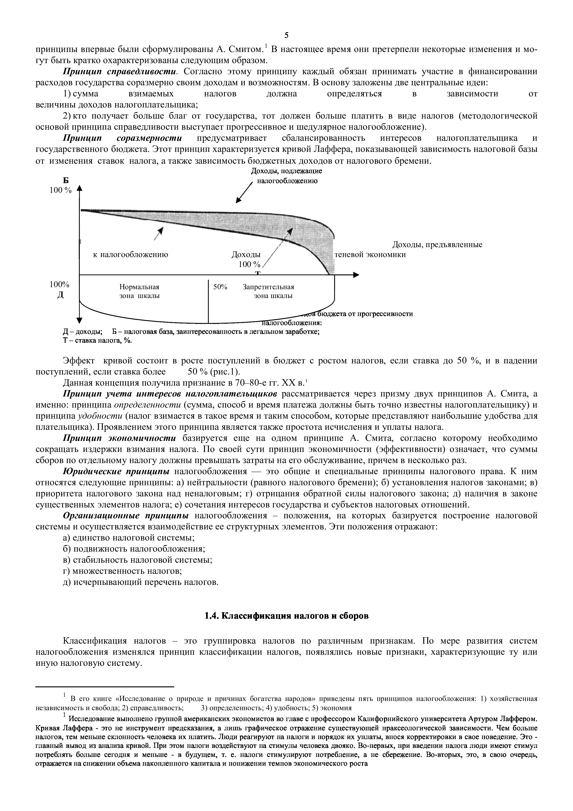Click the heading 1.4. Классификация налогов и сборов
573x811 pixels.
286,616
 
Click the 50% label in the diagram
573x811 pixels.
220,287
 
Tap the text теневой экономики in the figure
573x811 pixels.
370,254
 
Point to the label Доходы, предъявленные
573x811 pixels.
437,244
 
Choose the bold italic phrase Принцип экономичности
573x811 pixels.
119,438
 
